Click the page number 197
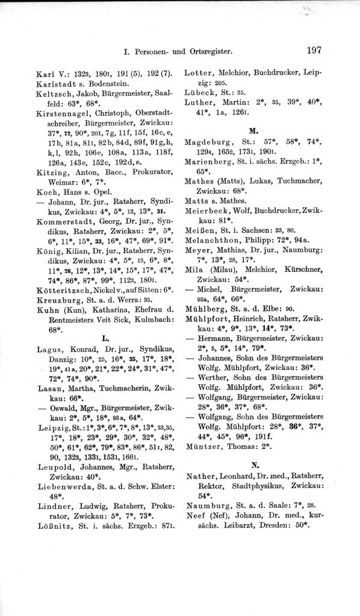315,51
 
